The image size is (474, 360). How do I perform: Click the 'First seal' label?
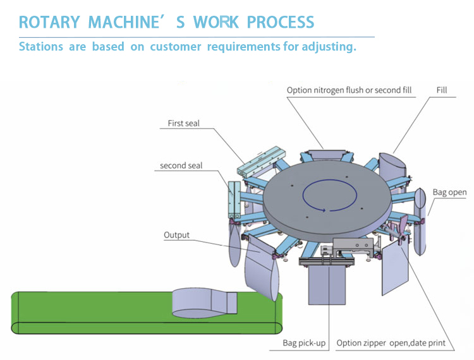(183, 123)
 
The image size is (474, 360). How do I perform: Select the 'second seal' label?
(181, 165)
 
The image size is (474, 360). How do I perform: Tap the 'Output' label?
(176, 235)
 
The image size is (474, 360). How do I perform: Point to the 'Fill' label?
(441, 90)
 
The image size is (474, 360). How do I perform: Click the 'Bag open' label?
(449, 192)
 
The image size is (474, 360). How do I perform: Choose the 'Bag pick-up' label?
(304, 344)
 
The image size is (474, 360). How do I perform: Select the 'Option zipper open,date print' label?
(391, 344)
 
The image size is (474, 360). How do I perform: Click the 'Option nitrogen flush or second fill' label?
(349, 90)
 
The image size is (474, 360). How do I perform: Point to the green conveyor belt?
(95, 313)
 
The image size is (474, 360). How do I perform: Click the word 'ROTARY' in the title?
(47, 22)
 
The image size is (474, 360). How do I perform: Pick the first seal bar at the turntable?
(260, 160)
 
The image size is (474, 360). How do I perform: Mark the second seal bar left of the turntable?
(232, 200)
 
